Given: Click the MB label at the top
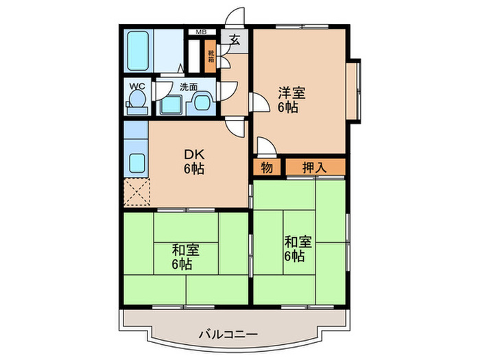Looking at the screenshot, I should [x=202, y=32].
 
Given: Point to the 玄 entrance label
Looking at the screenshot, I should [x=235, y=40].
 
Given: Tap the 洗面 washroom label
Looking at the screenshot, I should [x=189, y=87].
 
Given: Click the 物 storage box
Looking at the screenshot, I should [x=267, y=167].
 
